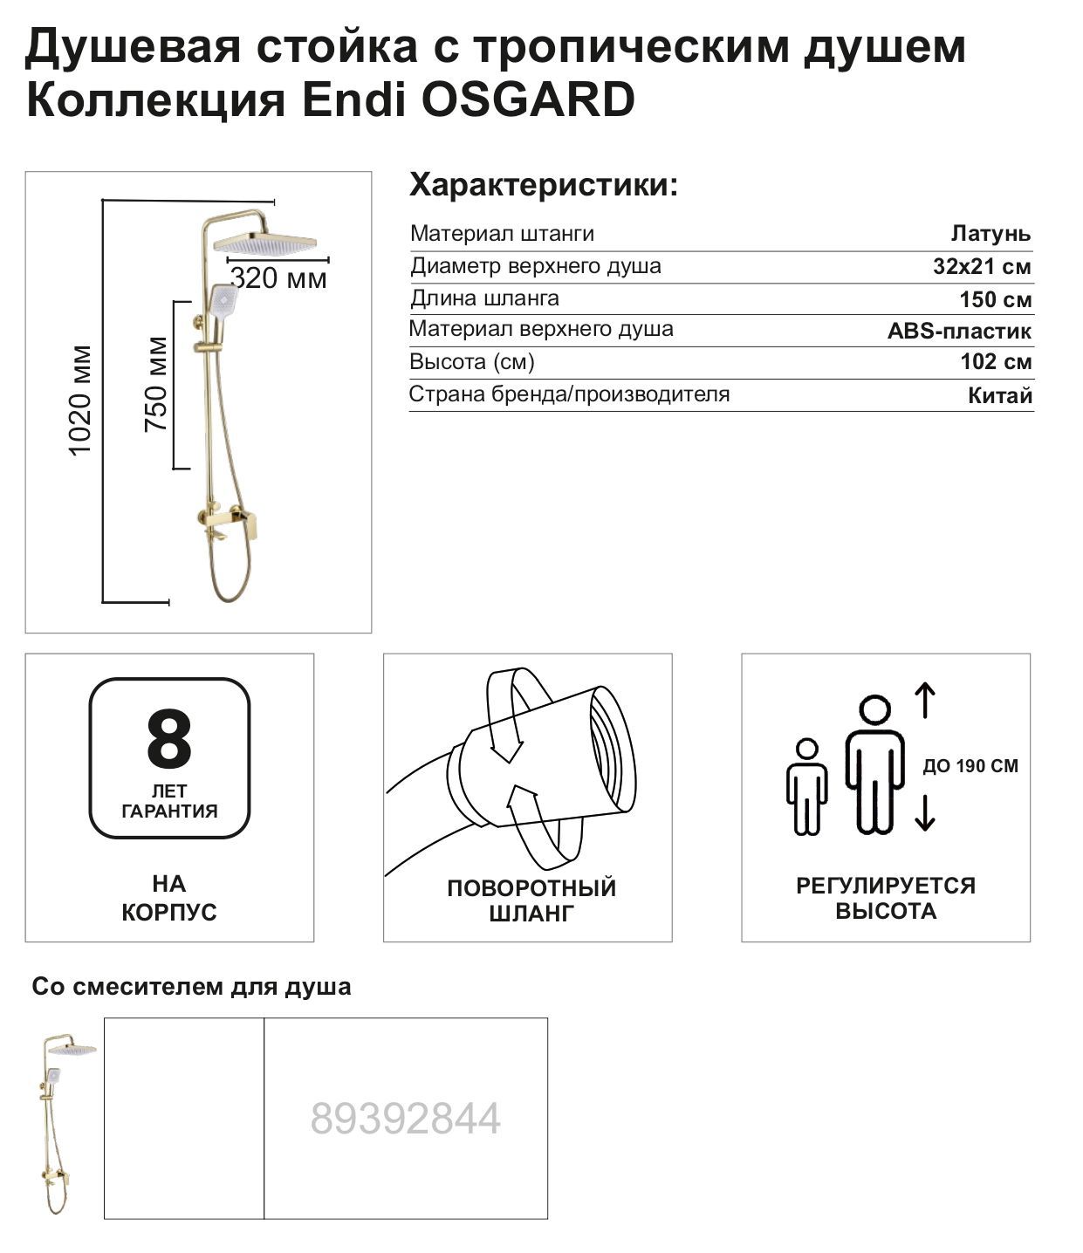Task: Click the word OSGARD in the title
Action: pyautogui.click(x=528, y=99)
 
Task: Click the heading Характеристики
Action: pyautogui.click(x=543, y=185)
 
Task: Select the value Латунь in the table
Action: pyautogui.click(x=990, y=234)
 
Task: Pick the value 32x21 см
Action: pyautogui.click(x=982, y=266)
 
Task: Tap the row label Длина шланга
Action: pyautogui.click(x=484, y=298)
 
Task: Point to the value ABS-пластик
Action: pyautogui.click(x=959, y=331)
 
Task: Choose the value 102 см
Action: pyautogui.click(x=996, y=362)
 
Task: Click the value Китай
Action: pyautogui.click(x=1000, y=395)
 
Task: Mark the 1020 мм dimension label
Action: pyautogui.click(x=80, y=401)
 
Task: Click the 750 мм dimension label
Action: pyautogui.click(x=156, y=385)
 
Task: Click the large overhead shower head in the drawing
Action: pyautogui.click(x=265, y=243)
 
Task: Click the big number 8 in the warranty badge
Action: pyautogui.click(x=169, y=739)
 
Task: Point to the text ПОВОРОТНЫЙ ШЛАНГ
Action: pyautogui.click(x=531, y=900)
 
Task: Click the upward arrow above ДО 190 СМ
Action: pyautogui.click(x=924, y=701)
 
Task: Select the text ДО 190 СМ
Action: pyautogui.click(x=970, y=766)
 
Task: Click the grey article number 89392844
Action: pyautogui.click(x=406, y=1119)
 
